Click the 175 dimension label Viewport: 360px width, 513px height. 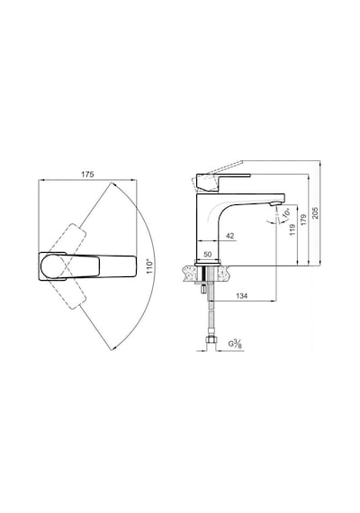click(x=87, y=175)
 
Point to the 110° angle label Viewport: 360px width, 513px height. click(x=150, y=267)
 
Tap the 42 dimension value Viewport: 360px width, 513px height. click(x=230, y=236)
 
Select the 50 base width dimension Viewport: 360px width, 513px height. click(x=208, y=254)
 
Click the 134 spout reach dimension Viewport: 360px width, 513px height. click(x=241, y=296)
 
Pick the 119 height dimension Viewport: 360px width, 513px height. click(x=292, y=229)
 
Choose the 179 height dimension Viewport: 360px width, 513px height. click(x=303, y=220)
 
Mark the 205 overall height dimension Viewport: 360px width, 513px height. click(x=315, y=213)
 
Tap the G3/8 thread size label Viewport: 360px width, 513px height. click(x=235, y=344)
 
